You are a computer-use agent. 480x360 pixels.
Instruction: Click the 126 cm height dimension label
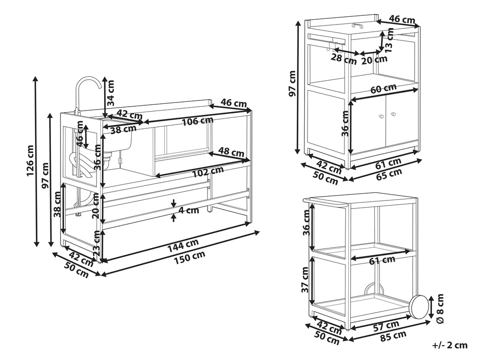pos(30,161)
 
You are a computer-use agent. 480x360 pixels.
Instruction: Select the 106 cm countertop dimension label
pos(197,122)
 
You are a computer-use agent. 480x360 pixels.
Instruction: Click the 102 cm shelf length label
pos(208,172)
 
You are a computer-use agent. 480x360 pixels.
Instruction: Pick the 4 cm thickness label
pos(188,211)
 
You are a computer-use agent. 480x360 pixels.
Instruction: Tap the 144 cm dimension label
pos(183,245)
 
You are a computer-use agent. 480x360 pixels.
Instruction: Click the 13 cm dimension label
pos(389,40)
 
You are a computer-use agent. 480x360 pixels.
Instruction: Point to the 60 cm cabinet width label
pos(383,89)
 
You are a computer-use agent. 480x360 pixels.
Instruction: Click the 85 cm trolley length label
pos(394,336)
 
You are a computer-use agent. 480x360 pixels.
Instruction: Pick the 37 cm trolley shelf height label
pos(305,279)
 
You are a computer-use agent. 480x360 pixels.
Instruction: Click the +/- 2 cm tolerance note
pos(450,345)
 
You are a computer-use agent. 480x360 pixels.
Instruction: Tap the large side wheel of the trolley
pos(419,307)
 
